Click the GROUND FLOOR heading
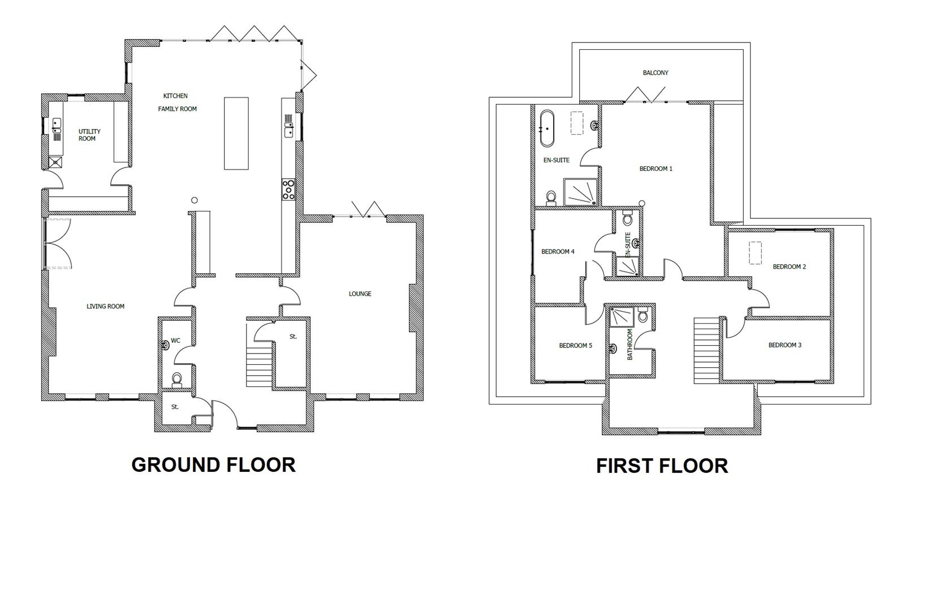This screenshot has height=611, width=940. (213, 464)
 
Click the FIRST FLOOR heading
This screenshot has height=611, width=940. (662, 466)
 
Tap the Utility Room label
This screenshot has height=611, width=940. (89, 135)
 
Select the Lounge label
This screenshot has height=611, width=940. (360, 294)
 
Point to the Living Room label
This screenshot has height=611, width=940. (105, 306)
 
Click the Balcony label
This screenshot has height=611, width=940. (655, 72)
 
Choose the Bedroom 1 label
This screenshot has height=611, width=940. (656, 169)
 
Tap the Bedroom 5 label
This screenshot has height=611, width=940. (575, 345)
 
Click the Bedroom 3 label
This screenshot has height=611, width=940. (784, 345)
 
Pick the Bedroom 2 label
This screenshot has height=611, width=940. (789, 266)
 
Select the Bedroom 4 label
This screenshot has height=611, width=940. (558, 251)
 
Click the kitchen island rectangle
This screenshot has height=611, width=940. (236, 134)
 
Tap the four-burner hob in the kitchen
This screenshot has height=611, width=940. (288, 189)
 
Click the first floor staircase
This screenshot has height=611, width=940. (706, 351)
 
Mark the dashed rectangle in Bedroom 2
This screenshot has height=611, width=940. (755, 253)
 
